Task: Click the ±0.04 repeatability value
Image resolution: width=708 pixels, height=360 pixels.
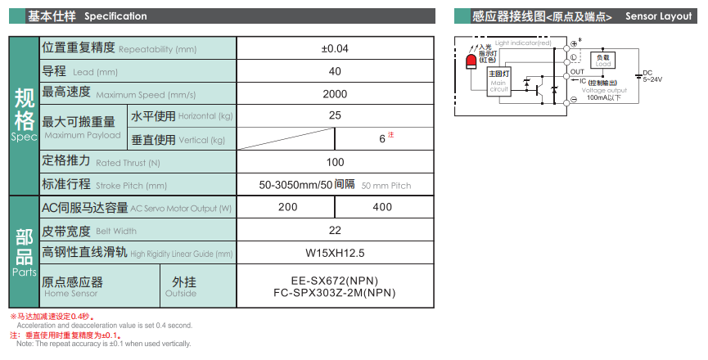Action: (335, 49)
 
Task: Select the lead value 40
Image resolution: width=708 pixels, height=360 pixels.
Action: (335, 71)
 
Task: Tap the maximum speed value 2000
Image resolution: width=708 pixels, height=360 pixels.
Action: (335, 94)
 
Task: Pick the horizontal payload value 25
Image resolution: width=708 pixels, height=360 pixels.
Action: (335, 115)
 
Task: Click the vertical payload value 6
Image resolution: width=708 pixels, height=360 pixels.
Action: (382, 139)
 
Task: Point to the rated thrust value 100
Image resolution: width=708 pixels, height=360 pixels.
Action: (335, 162)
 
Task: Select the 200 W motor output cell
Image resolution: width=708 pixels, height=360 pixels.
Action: (287, 207)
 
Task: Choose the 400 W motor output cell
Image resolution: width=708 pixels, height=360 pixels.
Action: (382, 207)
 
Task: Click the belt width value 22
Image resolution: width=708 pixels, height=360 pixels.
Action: (335, 231)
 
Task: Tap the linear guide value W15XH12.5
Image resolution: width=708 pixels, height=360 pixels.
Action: (335, 253)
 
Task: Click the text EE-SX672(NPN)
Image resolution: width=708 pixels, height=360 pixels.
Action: (335, 281)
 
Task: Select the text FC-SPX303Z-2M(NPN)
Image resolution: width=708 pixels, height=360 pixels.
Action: (335, 293)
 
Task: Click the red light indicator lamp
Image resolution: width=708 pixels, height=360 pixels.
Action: (471, 61)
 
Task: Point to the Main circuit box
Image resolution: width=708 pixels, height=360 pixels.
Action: (499, 81)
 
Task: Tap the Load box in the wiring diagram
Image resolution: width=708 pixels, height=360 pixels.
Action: (602, 61)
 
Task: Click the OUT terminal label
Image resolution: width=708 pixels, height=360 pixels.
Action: (577, 72)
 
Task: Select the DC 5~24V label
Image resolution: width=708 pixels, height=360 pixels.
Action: (652, 76)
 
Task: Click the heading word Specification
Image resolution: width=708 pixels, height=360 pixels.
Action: (115, 16)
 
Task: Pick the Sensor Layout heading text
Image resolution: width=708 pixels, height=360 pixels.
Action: (658, 16)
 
